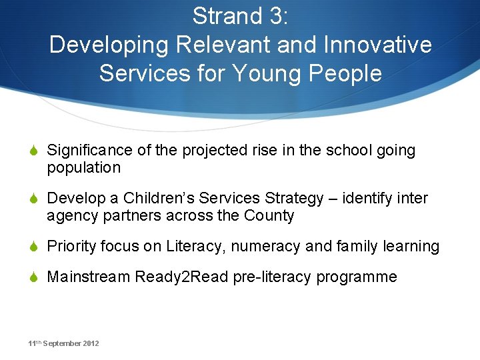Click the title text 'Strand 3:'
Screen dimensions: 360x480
[240, 16]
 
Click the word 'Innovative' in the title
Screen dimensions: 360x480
[377, 45]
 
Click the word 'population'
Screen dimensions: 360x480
[83, 167]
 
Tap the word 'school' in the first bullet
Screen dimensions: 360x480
[351, 151]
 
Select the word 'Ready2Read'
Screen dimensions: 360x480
[181, 277]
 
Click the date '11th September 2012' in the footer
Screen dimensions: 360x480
[63, 343]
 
